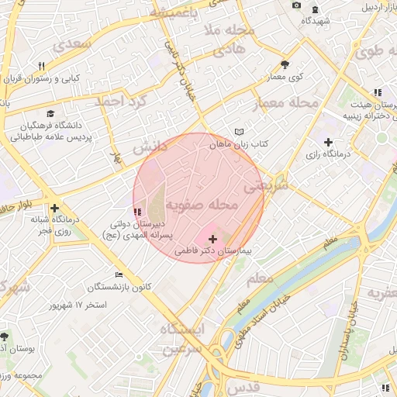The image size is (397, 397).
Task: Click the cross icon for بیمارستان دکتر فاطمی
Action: point(213,240)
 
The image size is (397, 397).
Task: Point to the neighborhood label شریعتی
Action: point(265,186)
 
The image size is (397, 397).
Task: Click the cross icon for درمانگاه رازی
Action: point(328,142)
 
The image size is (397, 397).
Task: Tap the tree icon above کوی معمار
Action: point(285,64)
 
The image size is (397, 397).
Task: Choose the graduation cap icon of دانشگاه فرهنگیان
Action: point(50,114)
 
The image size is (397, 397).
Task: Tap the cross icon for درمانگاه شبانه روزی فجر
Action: point(54,208)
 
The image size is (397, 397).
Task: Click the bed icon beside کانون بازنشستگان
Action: point(119,274)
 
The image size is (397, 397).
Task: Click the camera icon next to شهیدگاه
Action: point(295,6)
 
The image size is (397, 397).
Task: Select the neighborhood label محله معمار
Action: point(286,104)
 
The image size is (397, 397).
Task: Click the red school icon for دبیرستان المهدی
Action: point(137,211)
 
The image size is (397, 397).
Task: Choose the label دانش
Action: point(149,147)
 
